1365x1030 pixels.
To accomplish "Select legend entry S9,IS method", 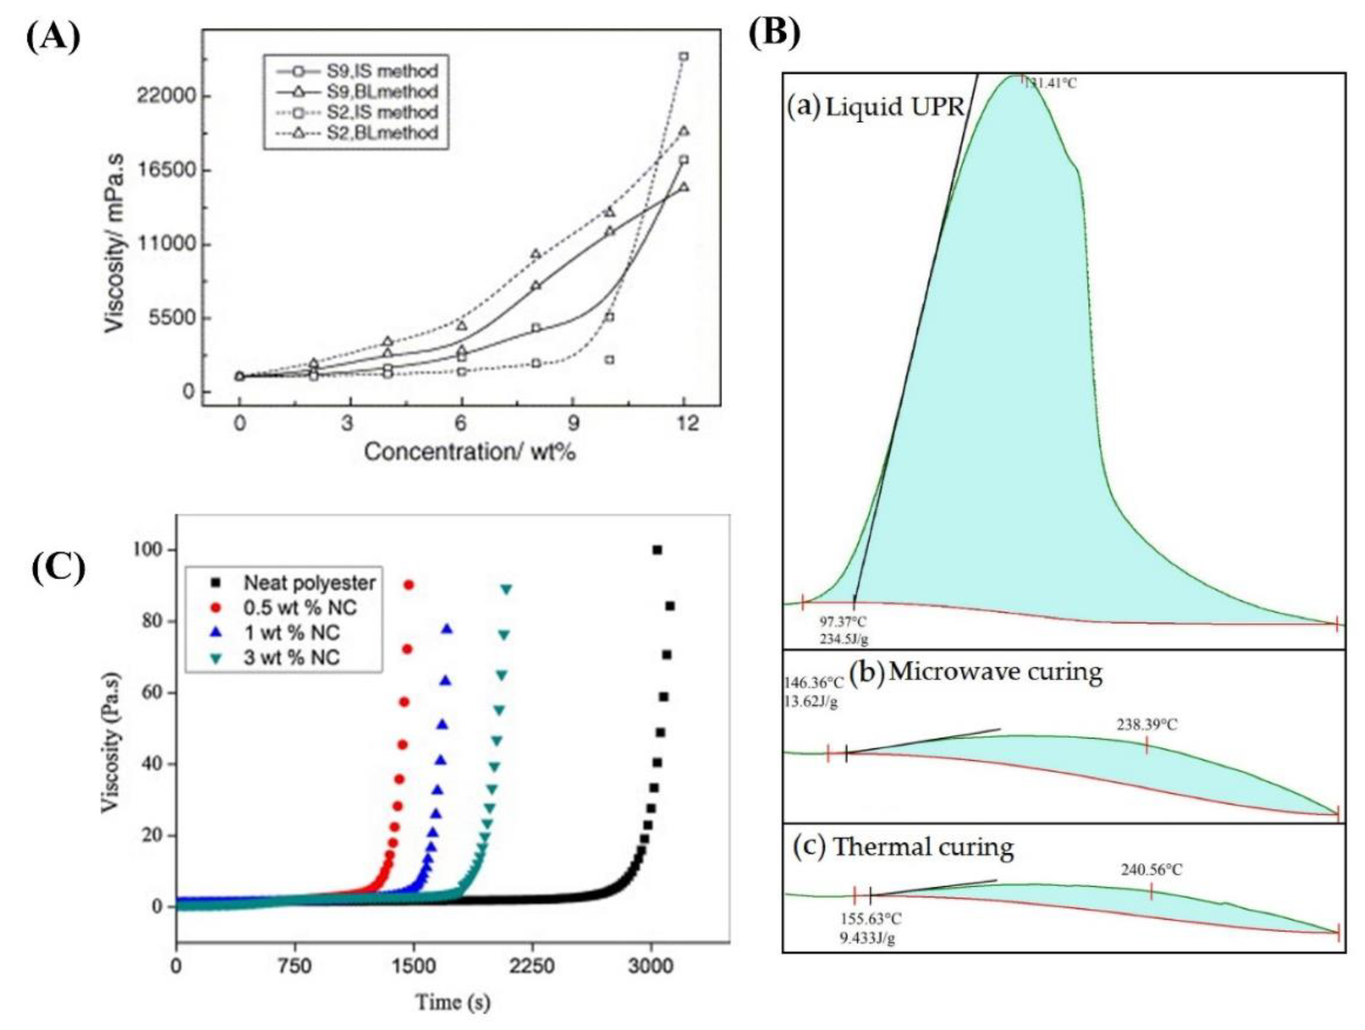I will click(x=382, y=71).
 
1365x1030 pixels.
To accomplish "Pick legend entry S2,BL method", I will click(x=382, y=132).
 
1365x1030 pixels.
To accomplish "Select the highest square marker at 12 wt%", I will click(x=684, y=56).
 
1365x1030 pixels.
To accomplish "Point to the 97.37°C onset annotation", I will click(x=843, y=621).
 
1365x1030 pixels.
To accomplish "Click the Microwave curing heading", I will click(x=995, y=671).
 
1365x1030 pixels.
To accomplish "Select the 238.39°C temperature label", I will click(x=1146, y=724).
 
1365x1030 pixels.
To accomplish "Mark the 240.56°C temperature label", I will click(x=1152, y=869).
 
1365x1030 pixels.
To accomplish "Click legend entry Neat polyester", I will click(x=309, y=583).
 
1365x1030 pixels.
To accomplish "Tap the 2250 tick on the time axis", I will click(x=531, y=966).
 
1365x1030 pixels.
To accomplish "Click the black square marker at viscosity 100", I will click(x=657, y=550).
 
